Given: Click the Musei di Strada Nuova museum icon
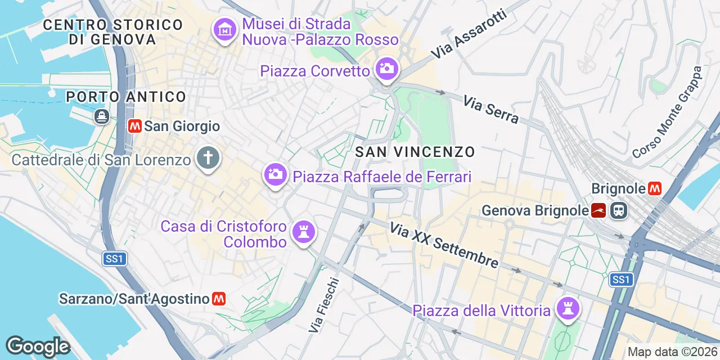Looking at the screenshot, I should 226,30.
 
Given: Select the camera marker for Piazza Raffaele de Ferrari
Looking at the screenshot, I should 275,174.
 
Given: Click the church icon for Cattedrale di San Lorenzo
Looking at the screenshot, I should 208,158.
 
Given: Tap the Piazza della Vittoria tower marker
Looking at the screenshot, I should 568,308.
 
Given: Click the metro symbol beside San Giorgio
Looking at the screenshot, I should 134,126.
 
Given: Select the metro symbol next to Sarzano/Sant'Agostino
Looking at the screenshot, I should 219,299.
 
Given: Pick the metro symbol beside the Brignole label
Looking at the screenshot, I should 655,188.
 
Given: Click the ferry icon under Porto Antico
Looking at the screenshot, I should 102,116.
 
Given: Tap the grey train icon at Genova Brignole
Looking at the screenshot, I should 619,211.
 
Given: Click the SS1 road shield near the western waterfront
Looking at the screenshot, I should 115,259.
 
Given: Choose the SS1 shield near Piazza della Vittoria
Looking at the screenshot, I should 621,280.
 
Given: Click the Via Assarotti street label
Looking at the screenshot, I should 469,34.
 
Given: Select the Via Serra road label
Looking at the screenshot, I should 490,109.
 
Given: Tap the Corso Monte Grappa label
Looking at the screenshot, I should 668,112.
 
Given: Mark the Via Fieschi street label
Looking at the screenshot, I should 324,304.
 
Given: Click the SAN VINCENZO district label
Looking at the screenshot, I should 415,152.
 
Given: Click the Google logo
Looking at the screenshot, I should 38,347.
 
